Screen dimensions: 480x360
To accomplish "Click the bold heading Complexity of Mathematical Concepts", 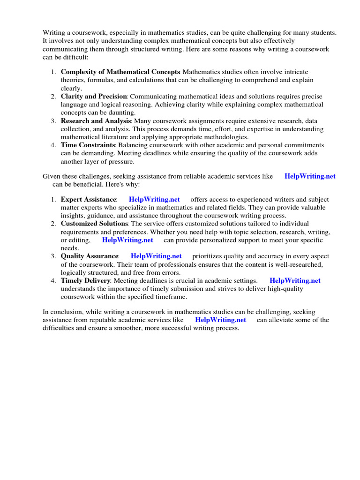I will (x=120, y=72).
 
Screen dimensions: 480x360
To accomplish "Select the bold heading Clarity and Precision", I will (x=93, y=96).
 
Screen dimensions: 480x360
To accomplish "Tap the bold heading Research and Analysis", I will (x=96, y=121).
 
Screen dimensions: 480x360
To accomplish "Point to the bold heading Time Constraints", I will (x=88, y=145).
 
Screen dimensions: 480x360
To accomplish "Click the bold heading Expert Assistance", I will (x=88, y=200).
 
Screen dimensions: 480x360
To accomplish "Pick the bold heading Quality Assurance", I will (x=89, y=256).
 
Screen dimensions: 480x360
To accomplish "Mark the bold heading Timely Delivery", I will (x=85, y=281).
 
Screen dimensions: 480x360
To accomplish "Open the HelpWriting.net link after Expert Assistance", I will (x=154, y=200).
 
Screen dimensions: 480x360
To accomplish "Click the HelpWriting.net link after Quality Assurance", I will (x=156, y=256).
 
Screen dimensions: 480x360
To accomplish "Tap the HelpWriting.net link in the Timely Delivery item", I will (x=295, y=281).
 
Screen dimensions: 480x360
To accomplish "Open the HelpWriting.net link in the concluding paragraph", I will (x=220, y=320).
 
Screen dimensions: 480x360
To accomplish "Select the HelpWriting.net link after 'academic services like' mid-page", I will (x=310, y=176).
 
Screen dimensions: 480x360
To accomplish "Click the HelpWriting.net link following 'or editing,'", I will (x=127, y=240).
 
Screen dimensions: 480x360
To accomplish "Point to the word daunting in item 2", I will (x=122, y=112).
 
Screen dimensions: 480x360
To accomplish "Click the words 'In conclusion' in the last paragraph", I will (x=61, y=312).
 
